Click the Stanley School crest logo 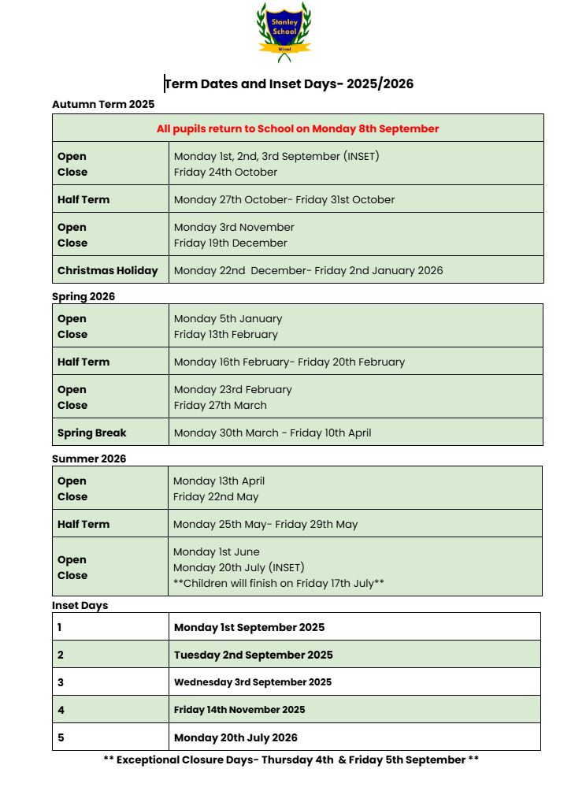coord(284,32)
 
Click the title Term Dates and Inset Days coord(288,84)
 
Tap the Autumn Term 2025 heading coord(103,104)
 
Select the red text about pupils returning coord(298,128)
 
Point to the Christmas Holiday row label coord(107,270)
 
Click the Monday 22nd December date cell coord(308,270)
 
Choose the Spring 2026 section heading coord(83,296)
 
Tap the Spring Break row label coord(91,433)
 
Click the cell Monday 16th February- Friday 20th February coord(289,362)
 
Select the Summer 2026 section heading coord(89,459)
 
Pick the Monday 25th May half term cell coord(265,524)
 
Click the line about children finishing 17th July coord(278,583)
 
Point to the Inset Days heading coord(80,605)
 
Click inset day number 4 coord(61,710)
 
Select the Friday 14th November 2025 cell coord(239,710)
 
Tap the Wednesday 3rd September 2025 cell coord(253,682)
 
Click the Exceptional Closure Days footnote coord(291,760)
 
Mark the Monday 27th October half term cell coord(284,199)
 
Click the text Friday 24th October coord(225,172)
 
